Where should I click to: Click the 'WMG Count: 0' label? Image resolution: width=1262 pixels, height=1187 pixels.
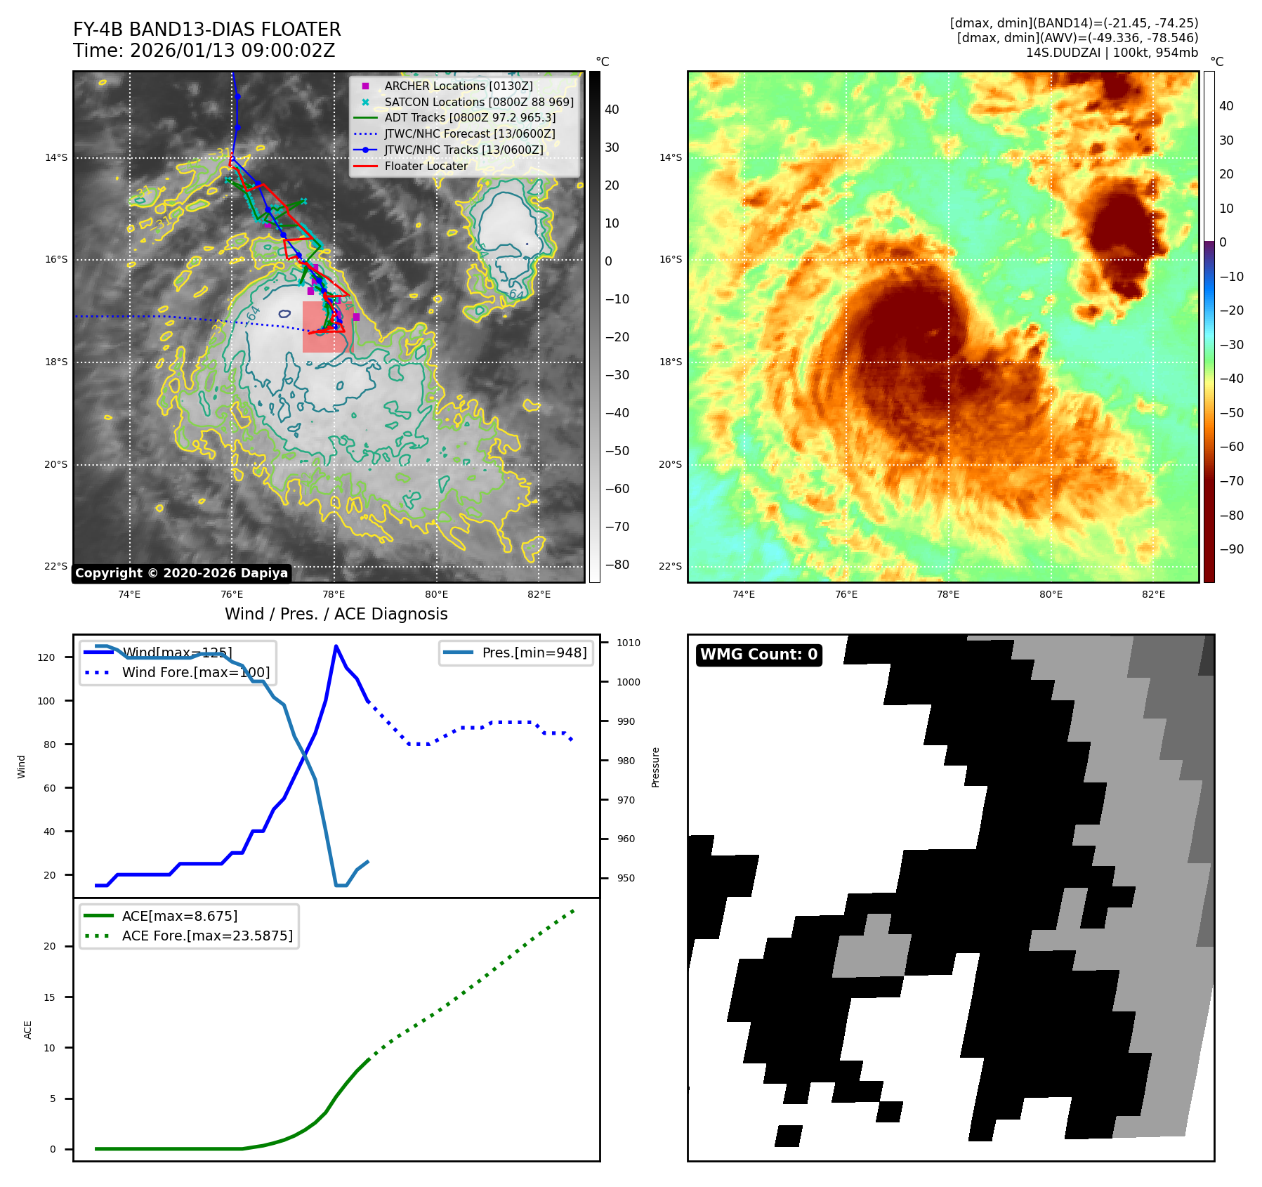(758, 655)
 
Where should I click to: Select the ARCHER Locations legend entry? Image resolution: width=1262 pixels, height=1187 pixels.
(458, 86)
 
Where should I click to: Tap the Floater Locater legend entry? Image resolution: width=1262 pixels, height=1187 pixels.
(426, 166)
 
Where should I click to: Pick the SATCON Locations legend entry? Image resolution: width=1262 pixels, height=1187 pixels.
(478, 102)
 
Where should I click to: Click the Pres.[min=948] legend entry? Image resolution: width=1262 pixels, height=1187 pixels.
(534, 652)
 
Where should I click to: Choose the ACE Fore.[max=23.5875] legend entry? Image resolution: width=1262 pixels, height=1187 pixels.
(206, 936)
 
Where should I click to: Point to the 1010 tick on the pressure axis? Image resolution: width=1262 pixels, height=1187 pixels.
(629, 643)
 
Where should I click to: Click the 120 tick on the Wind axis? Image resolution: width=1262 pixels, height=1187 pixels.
(46, 657)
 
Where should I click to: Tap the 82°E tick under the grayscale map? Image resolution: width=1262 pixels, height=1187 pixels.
(539, 594)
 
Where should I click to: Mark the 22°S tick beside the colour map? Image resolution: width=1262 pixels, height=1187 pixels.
(670, 566)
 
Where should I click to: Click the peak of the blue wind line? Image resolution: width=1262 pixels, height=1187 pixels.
(336, 646)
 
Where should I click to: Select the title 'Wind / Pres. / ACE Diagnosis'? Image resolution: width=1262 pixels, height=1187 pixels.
(336, 614)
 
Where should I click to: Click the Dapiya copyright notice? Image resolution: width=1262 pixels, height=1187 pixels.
(181, 573)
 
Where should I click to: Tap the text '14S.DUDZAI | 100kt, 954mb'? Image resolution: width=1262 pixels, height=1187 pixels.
(1112, 53)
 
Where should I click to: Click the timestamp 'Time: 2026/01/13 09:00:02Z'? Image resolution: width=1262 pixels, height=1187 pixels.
(204, 51)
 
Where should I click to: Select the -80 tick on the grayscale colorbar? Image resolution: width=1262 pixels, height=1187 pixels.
(617, 565)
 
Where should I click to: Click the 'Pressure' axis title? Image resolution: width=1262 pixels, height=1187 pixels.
(655, 767)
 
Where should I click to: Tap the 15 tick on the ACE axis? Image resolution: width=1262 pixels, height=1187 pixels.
(49, 997)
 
